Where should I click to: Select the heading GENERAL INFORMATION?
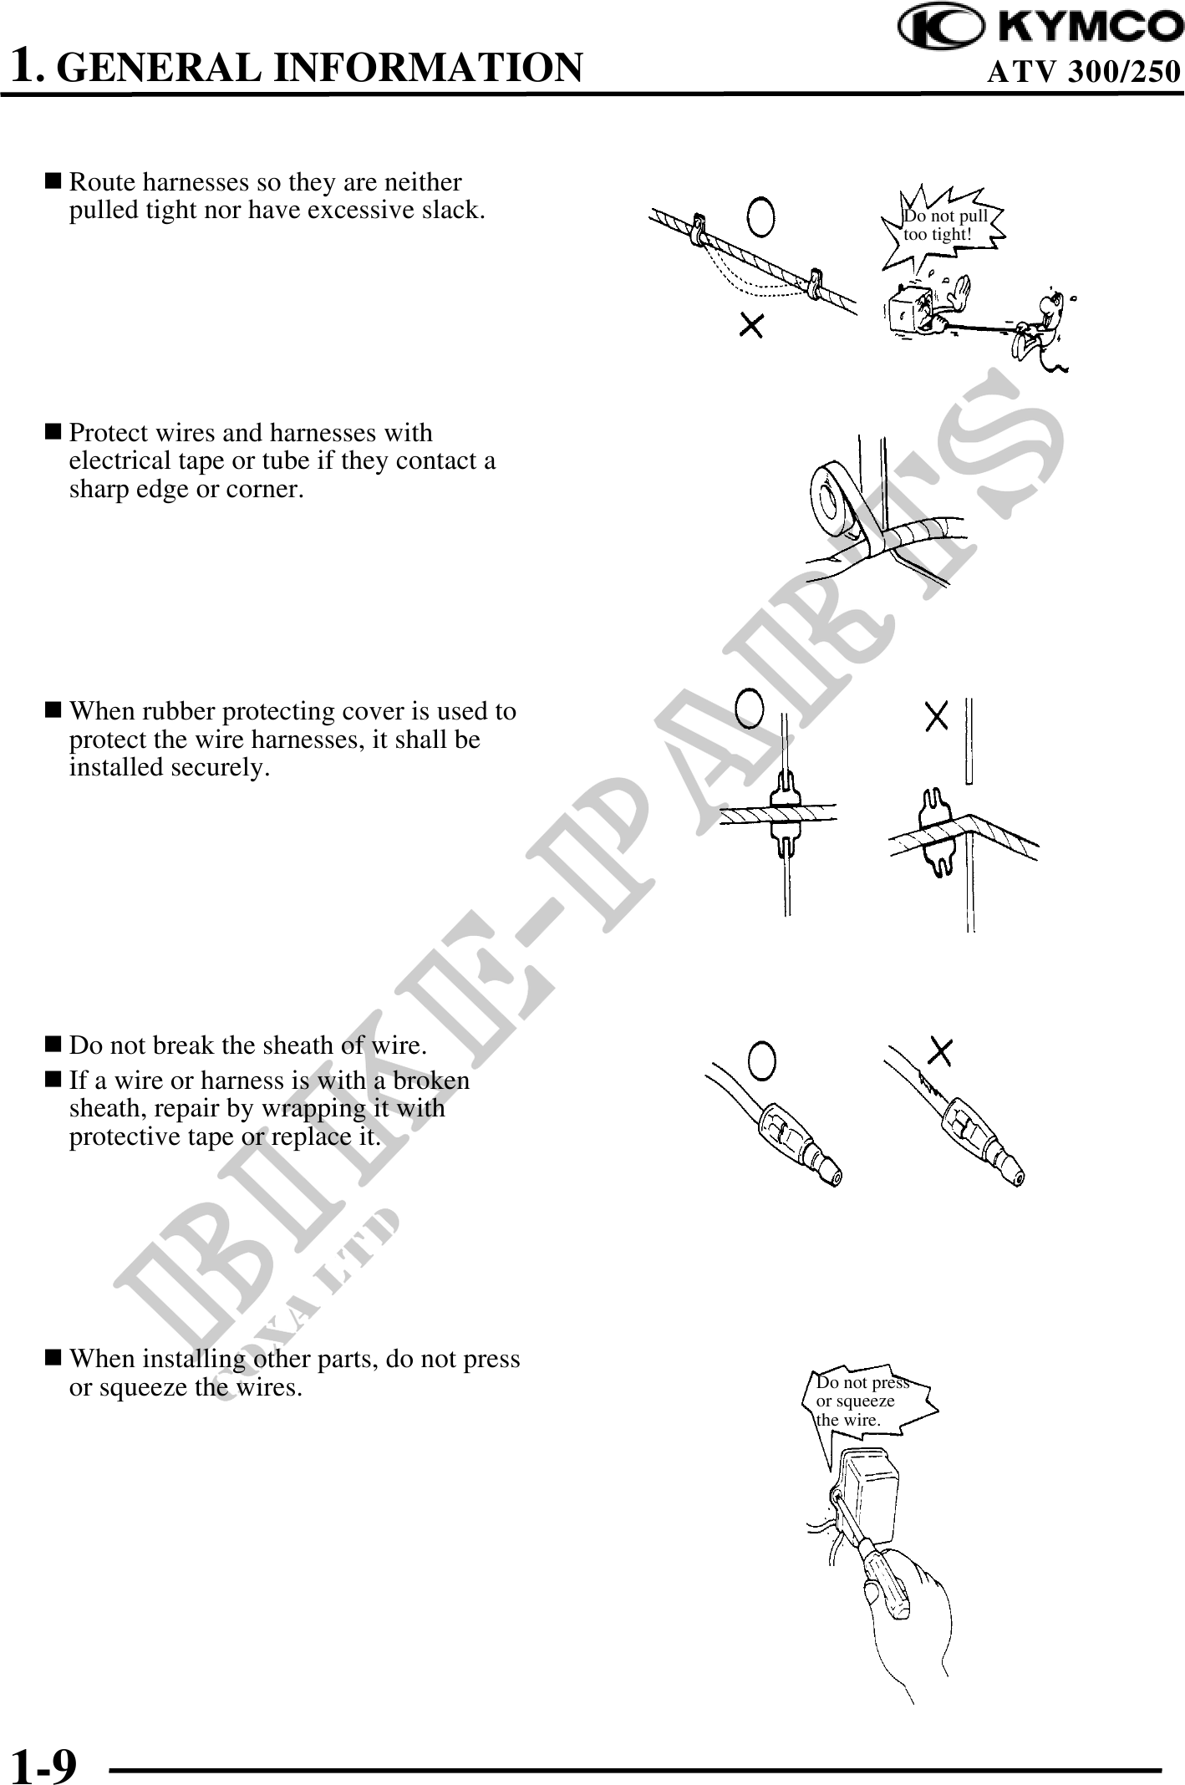323,68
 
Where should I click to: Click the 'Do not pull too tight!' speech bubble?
943,225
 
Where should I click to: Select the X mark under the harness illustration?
751,325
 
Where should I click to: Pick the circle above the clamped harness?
760,217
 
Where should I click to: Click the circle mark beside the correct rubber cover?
750,709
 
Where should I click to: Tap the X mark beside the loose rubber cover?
937,715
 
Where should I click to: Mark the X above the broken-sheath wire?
941,1052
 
